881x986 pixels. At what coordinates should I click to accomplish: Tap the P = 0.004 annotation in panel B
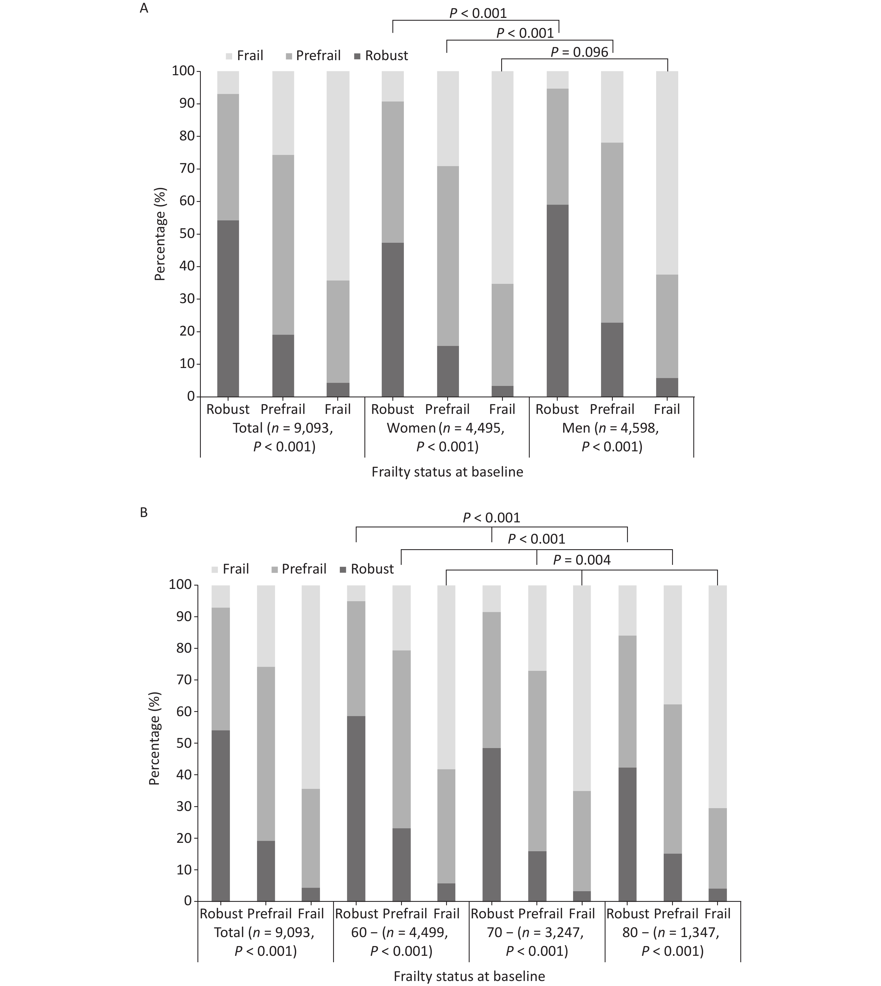[581, 560]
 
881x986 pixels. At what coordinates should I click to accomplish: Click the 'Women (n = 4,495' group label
[445, 428]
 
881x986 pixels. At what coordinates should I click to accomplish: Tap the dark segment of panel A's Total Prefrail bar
[283, 365]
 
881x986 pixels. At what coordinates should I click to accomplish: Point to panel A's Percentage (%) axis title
[160, 234]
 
